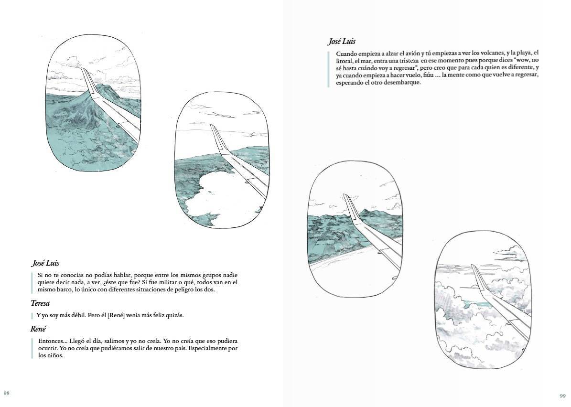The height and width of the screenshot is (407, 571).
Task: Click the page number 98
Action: [x=6, y=393]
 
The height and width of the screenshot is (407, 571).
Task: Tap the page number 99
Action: [x=562, y=396]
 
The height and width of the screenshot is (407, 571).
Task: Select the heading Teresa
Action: [x=40, y=303]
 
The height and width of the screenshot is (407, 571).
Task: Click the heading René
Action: [x=38, y=329]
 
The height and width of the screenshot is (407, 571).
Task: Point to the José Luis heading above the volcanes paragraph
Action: [x=342, y=42]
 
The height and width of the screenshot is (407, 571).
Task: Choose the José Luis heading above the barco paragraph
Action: [x=45, y=263]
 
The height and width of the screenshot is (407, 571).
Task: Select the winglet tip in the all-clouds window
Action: [x=472, y=266]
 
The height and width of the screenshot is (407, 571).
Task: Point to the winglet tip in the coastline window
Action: [x=345, y=195]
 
